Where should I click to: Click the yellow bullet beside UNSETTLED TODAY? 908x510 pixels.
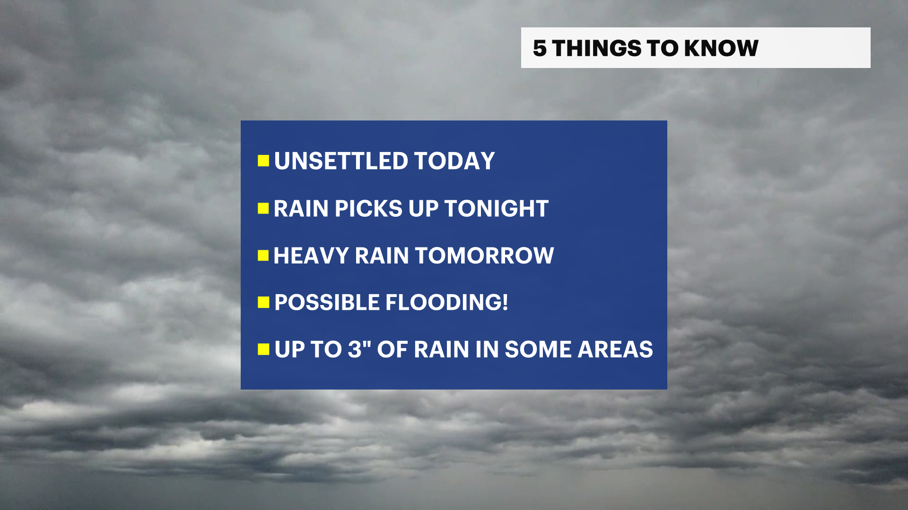pos(263,161)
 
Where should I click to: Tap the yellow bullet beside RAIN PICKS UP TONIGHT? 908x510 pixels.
pos(263,208)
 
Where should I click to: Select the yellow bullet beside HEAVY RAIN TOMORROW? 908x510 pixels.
pos(263,255)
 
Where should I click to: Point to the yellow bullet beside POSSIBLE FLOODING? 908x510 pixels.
pos(263,302)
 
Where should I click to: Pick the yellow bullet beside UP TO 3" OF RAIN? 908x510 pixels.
pos(263,349)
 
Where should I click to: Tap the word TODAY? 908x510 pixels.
pos(455,161)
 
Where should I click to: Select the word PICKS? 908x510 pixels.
pos(368,208)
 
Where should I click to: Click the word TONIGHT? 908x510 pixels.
pos(497,208)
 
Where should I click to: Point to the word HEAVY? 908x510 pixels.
pos(311,255)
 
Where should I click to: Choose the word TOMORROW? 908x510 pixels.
pos(484,255)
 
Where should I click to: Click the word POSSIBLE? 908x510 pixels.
pos(327,302)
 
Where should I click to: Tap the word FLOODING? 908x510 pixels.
pos(447,302)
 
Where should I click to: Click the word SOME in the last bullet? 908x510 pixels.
pos(538,349)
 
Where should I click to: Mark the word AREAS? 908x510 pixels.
pos(615,349)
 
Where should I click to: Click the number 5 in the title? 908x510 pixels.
pos(540,48)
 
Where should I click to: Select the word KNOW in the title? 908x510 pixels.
pos(721,48)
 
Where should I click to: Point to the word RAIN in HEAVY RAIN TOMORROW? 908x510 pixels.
pos(382,255)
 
